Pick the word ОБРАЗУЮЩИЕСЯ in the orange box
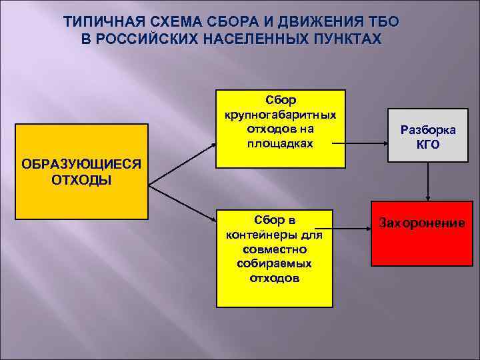pos(81,165)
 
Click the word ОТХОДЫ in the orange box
pos(81,181)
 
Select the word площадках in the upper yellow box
pos(280,143)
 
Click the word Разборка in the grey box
pos(429,130)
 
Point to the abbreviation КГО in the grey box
pos(429,144)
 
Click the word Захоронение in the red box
pos(421,223)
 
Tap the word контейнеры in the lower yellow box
pos(275,235)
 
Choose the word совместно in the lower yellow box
pos(275,249)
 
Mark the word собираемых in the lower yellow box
pos(275,263)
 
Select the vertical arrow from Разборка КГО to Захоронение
pos(428,180)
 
